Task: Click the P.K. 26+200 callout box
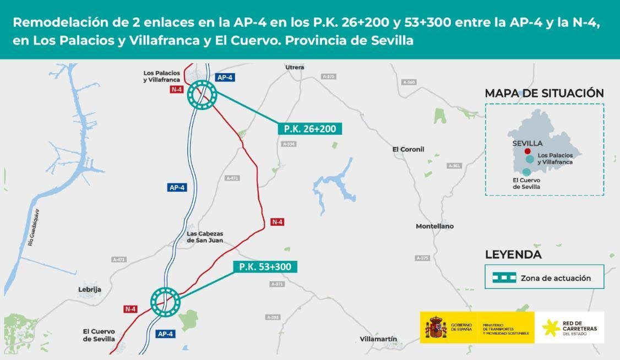[311, 129]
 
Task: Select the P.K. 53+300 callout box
[265, 267]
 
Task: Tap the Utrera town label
[295, 67]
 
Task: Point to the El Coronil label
[408, 149]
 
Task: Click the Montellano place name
[434, 226]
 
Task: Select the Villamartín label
[378, 339]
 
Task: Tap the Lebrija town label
[90, 289]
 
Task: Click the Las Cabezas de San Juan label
[205, 237]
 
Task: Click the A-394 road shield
[289, 144]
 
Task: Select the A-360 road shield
[409, 82]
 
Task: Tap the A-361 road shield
[454, 166]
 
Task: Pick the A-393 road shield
[273, 318]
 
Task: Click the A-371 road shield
[278, 284]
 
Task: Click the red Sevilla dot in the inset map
[527, 151]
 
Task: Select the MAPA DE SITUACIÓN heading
[544, 93]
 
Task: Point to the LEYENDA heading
[513, 255]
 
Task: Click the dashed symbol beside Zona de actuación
[504, 278]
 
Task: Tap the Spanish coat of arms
[436, 328]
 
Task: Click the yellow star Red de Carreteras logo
[551, 328]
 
